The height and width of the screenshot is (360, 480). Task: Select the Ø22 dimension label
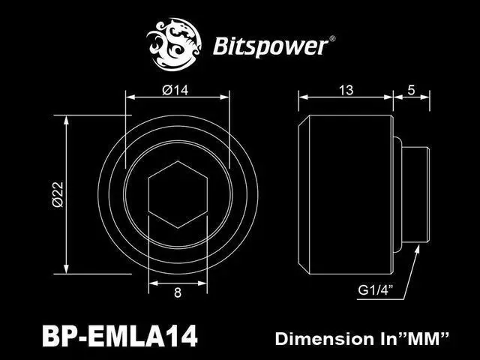tap(56, 193)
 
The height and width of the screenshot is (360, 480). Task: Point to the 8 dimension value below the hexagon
tap(177, 293)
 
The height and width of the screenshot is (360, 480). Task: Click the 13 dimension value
tap(346, 91)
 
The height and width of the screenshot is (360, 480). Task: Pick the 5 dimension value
tap(411, 91)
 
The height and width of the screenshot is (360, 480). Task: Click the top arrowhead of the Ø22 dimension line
tap(68, 118)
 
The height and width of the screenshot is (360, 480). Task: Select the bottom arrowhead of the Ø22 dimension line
tap(68, 271)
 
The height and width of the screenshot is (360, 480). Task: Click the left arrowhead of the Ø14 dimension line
tap(128, 97)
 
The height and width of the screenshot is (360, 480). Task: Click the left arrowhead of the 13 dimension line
tap(302, 97)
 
